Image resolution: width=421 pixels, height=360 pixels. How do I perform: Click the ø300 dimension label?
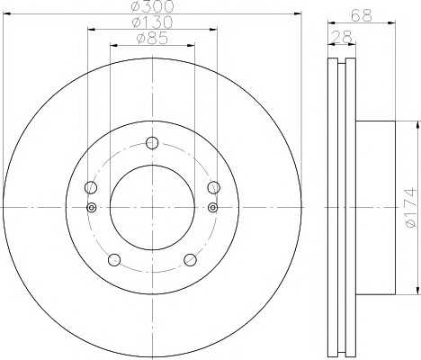coord(153,6)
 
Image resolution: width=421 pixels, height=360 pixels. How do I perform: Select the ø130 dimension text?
coord(152,22)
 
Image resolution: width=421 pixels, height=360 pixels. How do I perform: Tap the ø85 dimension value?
coord(152,38)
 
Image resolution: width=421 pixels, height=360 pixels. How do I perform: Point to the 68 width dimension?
coord(362,14)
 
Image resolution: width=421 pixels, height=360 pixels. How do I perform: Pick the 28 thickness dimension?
coord(342,37)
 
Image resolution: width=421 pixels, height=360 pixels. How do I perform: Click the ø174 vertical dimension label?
coord(411,207)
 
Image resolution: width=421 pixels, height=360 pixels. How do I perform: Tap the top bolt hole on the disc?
coord(152,143)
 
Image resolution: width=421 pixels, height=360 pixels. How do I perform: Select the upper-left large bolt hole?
coord(91,187)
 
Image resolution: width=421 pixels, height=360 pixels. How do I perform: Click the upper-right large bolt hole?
coord(214,187)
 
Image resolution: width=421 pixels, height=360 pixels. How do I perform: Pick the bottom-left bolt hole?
coord(114,260)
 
